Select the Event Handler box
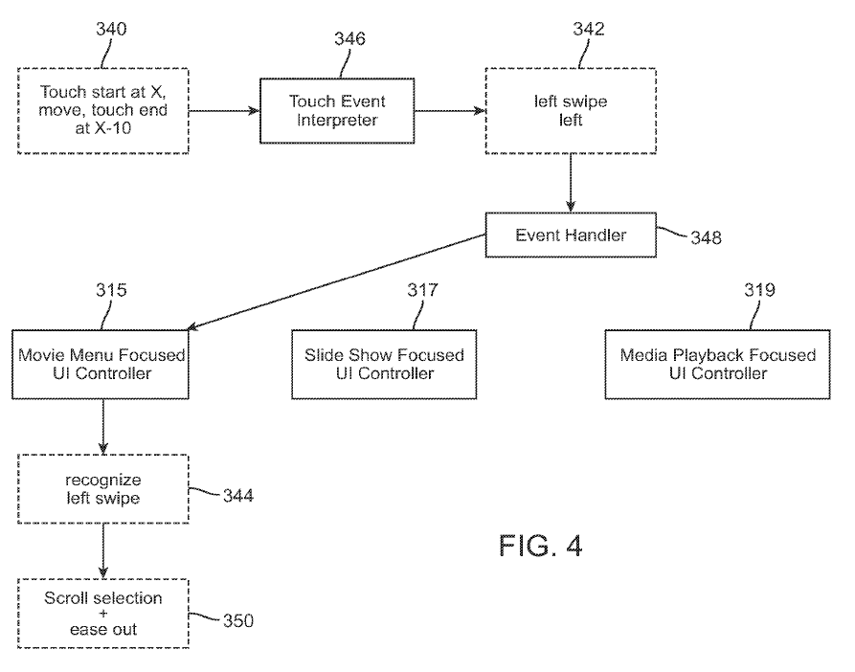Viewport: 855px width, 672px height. (557, 235)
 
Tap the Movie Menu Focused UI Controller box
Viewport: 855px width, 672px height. (101, 364)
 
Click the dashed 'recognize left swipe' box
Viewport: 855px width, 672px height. (102, 489)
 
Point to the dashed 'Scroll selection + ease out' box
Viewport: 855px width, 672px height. (102, 614)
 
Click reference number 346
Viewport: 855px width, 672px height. (349, 39)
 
